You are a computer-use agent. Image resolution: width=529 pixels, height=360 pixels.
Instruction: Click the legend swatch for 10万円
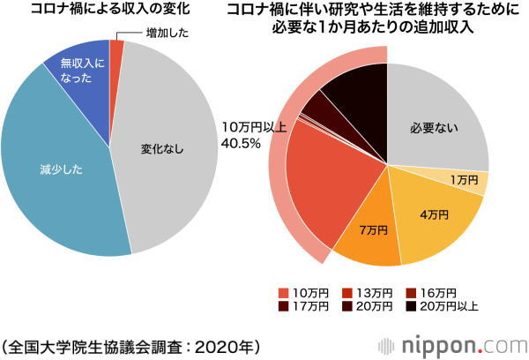click(283, 291)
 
